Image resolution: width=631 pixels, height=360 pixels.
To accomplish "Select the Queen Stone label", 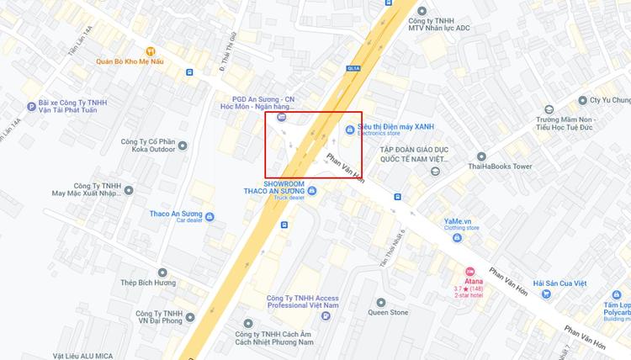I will [x=387, y=312].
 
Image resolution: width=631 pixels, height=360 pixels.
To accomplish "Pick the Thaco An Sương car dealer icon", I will [x=209, y=216].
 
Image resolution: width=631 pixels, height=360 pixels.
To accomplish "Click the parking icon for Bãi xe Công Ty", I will [x=31, y=106].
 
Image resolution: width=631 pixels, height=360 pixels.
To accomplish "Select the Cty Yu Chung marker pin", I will [x=549, y=109].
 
